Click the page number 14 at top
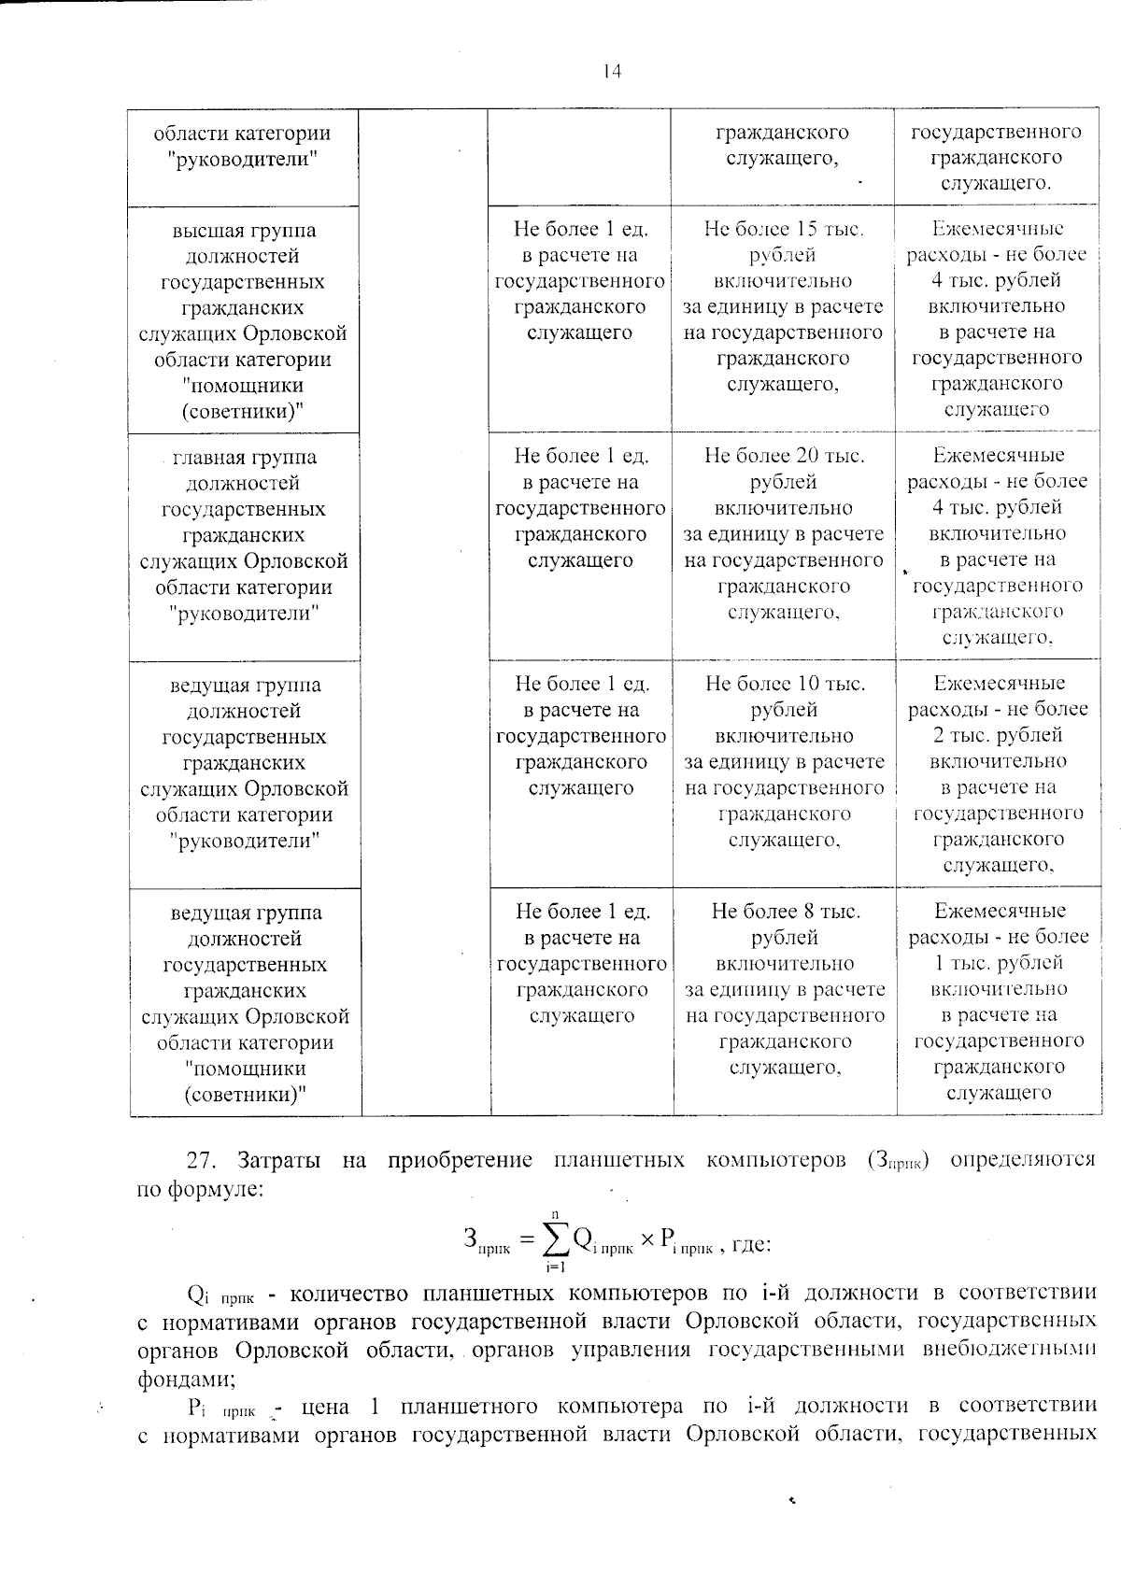612,72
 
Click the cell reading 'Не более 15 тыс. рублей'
783,241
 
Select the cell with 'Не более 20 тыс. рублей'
784,468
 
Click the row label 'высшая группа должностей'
244,243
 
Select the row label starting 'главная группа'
244,458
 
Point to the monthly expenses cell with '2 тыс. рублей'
998,735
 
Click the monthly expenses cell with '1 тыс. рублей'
998,963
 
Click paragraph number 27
202,1161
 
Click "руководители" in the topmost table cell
244,159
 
